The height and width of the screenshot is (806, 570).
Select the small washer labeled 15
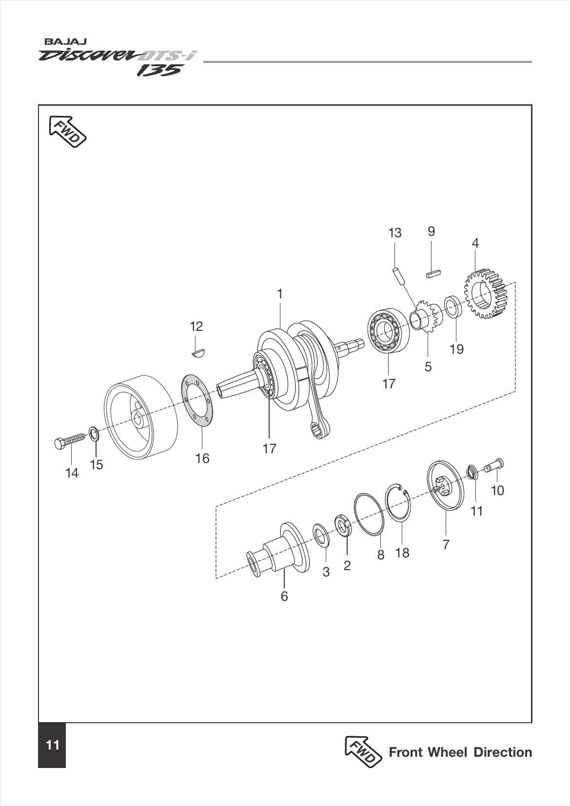point(94,433)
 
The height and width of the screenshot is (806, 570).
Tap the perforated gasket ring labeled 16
point(197,399)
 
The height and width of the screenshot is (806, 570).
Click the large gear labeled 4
point(485,295)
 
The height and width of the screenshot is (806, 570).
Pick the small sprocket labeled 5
point(429,317)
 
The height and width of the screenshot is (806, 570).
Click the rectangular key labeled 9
point(433,274)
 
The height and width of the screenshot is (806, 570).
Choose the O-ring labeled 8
point(369,514)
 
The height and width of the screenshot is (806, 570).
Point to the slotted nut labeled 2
point(343,526)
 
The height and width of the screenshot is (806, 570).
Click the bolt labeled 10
point(494,467)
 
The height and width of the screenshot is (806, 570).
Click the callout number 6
point(284,596)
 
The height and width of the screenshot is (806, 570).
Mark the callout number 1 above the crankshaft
point(279,294)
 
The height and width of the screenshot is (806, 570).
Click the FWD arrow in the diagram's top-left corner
point(67,131)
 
